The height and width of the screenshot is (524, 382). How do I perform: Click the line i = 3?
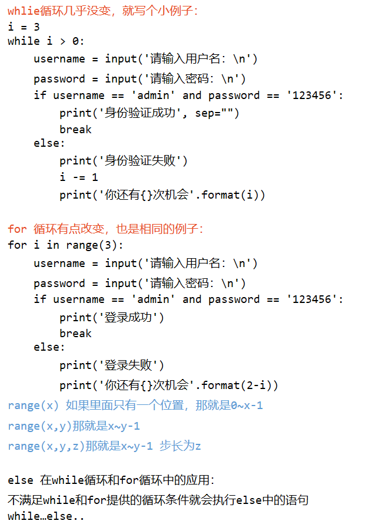coord(24,27)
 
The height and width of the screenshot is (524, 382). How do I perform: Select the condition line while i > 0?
coord(46,41)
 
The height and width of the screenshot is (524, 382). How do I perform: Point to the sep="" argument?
coord(217,113)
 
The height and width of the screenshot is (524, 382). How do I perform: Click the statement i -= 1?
coord(78,177)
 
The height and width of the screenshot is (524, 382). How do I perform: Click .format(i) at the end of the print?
coord(233,195)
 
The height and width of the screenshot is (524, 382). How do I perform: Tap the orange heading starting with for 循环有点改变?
coord(106,229)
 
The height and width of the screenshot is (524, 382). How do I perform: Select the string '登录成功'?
coord(132,317)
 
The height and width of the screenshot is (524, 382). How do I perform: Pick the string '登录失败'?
coord(132,365)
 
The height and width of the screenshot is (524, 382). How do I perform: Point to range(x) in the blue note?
coord(34,406)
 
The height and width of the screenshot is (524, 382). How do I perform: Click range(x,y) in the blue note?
coord(40,426)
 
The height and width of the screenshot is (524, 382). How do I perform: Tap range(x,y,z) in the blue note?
coord(46,446)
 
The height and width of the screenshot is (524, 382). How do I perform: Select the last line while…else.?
coord(46,516)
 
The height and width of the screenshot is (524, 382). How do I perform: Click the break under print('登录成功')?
coord(75,333)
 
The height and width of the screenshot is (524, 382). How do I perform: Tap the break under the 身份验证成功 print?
coord(75,129)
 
